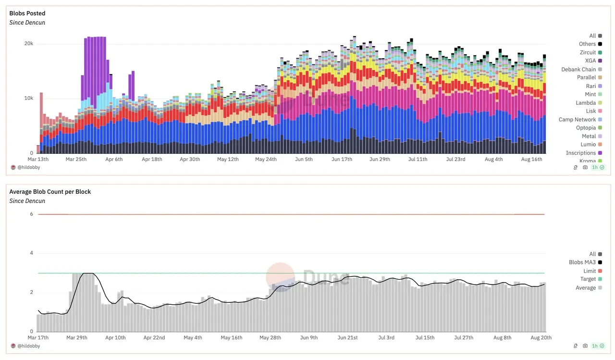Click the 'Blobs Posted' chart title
click(27, 13)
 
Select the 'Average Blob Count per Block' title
click(50, 192)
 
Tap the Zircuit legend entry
click(587, 52)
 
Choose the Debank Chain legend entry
click(578, 69)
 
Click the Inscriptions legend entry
click(580, 153)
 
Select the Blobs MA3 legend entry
click(582, 262)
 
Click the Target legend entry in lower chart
click(588, 279)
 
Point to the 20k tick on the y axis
click(28, 44)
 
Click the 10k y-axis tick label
click(28, 99)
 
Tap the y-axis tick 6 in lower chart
click(31, 214)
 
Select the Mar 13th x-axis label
click(38, 160)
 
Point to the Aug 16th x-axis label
click(532, 160)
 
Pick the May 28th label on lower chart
click(270, 338)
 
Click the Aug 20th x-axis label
click(541, 338)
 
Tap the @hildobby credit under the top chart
click(28, 167)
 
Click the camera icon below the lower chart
click(585, 346)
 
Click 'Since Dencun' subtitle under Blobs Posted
click(27, 23)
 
